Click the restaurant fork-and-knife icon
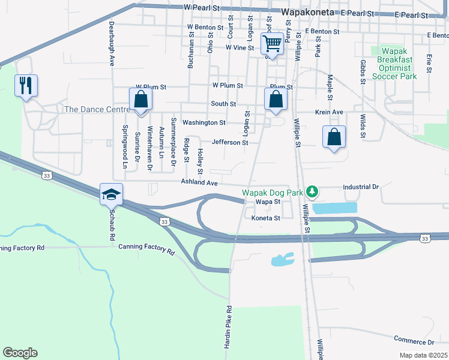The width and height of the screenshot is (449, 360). pos(25,85)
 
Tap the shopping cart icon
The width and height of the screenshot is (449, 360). pos(272,43)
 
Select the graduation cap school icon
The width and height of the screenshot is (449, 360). pos(112,194)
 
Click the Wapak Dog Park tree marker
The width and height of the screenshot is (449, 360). pos(312,192)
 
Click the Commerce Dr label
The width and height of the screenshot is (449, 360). pos(414,341)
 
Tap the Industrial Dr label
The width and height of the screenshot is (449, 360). pos(361,187)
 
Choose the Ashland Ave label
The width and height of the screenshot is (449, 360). pos(199,182)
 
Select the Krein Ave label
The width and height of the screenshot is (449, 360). pos(330,112)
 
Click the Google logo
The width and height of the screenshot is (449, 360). pos(20,353)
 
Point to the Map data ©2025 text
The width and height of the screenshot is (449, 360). pos(423,355)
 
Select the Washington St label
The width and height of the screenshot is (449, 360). pos(204,122)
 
